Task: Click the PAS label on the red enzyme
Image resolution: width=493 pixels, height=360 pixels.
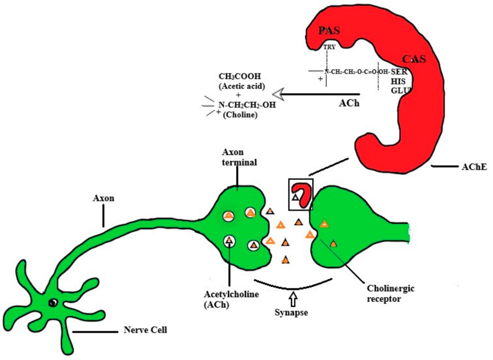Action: coord(329,31)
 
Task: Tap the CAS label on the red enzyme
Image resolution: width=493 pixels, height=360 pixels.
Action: coord(414,59)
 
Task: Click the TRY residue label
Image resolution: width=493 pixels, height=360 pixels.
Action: coord(329,47)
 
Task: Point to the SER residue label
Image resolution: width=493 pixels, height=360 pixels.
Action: coord(399,71)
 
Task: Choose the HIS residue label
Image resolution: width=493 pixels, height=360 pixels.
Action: coord(398,81)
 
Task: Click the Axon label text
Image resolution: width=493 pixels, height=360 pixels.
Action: coord(103,198)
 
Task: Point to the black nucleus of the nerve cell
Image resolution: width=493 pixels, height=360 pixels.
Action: coord(52,303)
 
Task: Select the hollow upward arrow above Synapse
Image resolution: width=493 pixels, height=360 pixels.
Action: coord(293,298)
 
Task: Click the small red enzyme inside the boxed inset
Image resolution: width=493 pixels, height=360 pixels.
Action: coord(302,192)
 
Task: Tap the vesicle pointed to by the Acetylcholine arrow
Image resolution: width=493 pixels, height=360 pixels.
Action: coord(229,241)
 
